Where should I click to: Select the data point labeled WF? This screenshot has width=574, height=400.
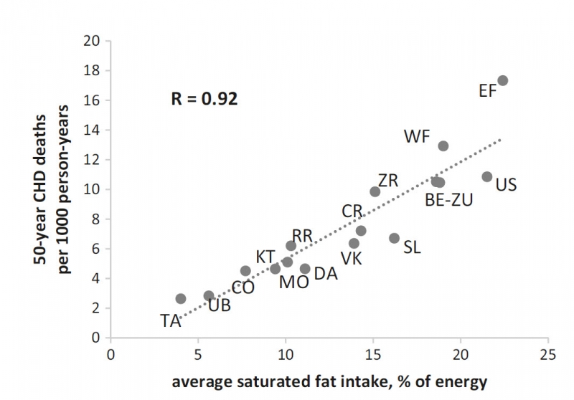point(443,146)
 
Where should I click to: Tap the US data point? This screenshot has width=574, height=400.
point(487,176)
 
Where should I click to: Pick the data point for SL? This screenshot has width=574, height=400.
point(394,238)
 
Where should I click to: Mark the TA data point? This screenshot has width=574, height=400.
point(181,298)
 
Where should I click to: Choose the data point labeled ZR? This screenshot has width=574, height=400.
point(375,191)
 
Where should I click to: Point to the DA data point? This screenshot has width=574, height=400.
point(305,269)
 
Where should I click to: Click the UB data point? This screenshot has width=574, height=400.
point(209,295)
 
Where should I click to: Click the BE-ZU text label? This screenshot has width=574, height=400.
point(449,201)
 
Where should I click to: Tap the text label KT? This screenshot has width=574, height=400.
point(265,257)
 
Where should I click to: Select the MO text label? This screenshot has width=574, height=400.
point(293,282)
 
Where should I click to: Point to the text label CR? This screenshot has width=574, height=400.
point(352,211)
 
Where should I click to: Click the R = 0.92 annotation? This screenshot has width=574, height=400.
point(204,98)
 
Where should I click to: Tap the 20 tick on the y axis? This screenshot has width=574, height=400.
point(94,41)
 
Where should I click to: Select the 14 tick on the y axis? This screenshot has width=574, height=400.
point(94,130)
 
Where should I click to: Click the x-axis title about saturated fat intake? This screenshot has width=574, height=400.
point(329,382)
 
